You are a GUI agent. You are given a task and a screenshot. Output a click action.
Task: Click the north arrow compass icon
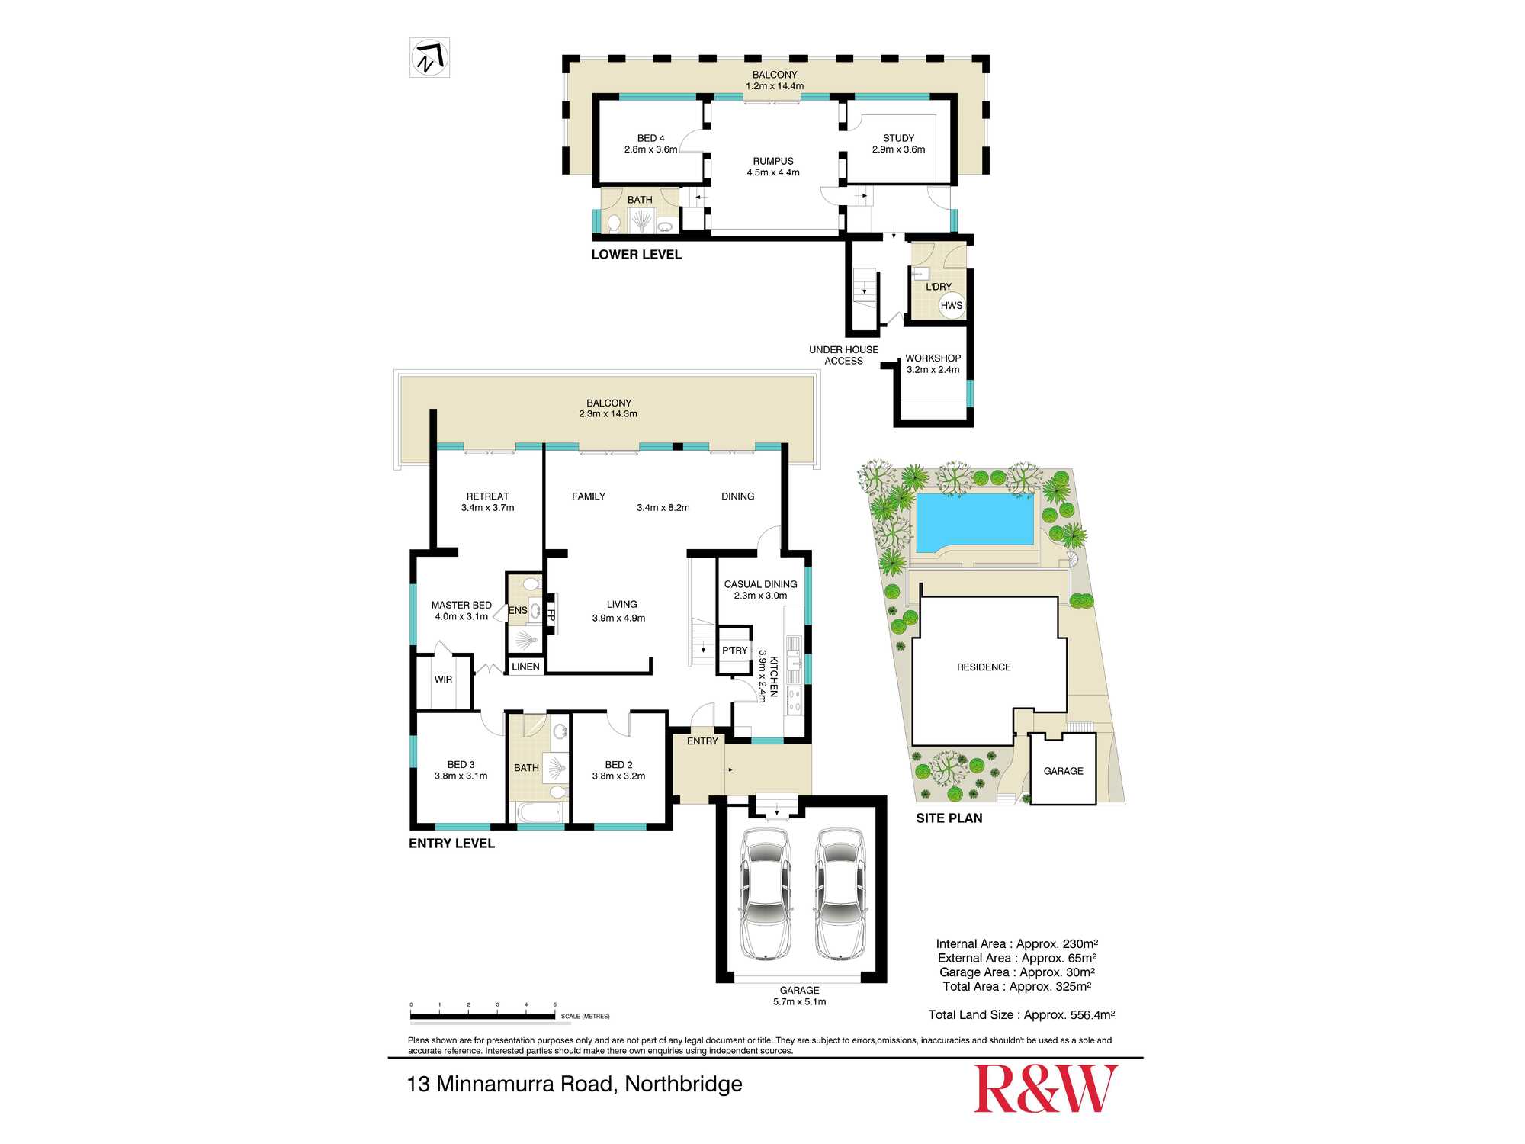[429, 58]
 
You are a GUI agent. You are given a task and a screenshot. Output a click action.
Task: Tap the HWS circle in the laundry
[952, 306]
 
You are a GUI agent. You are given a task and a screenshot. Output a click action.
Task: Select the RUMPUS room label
[773, 162]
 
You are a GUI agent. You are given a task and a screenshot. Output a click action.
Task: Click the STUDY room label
[898, 138]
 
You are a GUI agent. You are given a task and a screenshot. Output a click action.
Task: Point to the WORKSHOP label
[933, 358]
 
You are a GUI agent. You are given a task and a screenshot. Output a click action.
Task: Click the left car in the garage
[766, 893]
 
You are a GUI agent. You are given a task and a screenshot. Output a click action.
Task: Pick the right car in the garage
[840, 893]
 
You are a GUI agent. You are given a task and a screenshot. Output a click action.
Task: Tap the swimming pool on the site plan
[974, 522]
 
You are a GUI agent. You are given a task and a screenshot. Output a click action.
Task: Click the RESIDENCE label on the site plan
[984, 667]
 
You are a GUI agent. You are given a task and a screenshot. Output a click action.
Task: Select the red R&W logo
[1045, 1088]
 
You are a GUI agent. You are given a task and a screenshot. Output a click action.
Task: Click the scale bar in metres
[483, 1016]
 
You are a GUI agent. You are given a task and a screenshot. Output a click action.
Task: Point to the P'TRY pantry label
[734, 651]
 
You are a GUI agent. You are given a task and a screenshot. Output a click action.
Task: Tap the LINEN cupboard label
[525, 667]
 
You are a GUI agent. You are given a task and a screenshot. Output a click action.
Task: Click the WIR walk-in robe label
[443, 680]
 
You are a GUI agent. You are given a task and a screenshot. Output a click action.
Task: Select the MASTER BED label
[461, 606]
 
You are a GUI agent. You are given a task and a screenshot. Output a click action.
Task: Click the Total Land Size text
[1021, 1015]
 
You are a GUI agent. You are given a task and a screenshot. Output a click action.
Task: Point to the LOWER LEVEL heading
[637, 255]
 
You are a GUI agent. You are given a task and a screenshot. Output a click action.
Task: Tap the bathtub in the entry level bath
[541, 812]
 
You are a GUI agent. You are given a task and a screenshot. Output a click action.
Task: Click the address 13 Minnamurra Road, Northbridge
[575, 1084]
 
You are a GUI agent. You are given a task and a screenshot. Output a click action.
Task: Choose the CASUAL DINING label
[760, 584]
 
